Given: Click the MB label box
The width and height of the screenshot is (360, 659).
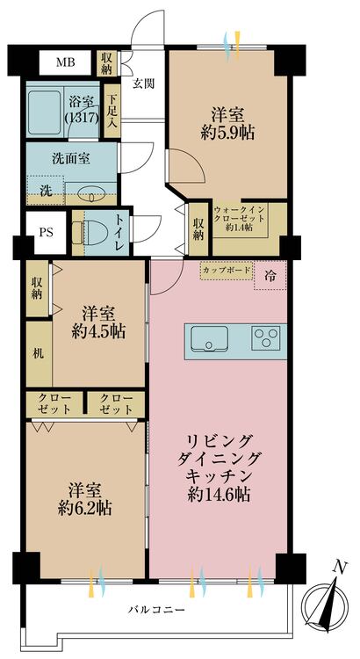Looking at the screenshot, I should (x=65, y=62).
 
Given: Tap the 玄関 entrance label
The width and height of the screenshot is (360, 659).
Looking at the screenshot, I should (x=144, y=84).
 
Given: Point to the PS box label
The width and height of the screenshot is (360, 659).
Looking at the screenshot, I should (x=44, y=235).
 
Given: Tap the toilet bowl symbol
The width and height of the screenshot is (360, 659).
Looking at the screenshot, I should (x=83, y=230).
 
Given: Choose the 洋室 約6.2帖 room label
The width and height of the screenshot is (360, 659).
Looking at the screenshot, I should (x=85, y=498).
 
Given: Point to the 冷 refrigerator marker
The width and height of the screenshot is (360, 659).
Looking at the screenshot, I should (x=269, y=276).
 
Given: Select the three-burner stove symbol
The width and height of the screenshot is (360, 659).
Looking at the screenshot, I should (x=267, y=337).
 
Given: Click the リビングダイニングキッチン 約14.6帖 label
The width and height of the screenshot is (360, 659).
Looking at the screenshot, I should (x=218, y=467).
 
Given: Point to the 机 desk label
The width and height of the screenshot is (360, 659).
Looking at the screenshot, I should (x=38, y=354).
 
